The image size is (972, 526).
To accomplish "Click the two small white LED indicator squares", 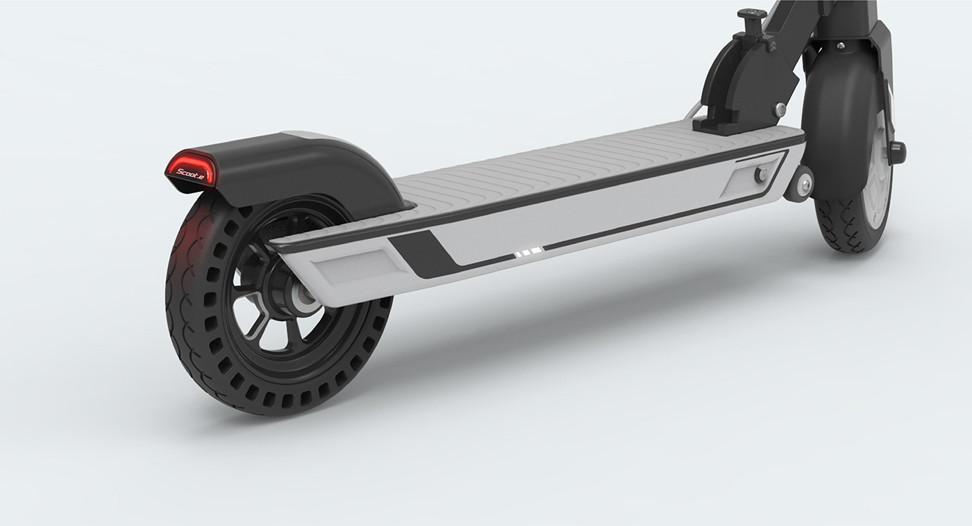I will [x=528, y=254].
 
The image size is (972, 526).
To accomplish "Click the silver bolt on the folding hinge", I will [x=781, y=108].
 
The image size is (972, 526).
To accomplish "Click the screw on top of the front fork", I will [x=841, y=45].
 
